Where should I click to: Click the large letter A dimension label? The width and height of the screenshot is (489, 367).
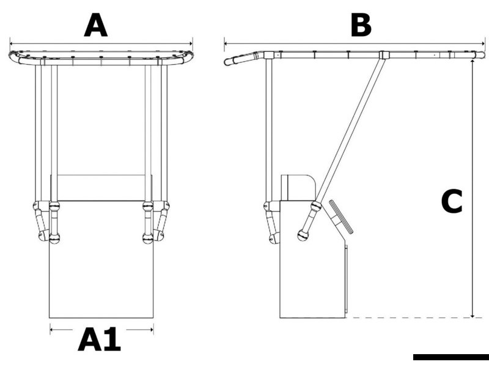[x=96, y=25]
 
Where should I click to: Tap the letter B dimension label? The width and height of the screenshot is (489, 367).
[x=361, y=25]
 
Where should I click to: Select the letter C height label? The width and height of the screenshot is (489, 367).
[x=452, y=202]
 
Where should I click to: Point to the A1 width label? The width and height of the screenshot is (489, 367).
[x=99, y=339]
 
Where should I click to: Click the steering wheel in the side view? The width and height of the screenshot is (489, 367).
[x=342, y=217]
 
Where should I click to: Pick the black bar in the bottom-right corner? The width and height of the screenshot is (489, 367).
[x=451, y=357]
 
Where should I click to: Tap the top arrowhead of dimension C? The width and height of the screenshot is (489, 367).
[x=472, y=61]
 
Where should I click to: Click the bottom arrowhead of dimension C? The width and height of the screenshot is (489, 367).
[x=472, y=315]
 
